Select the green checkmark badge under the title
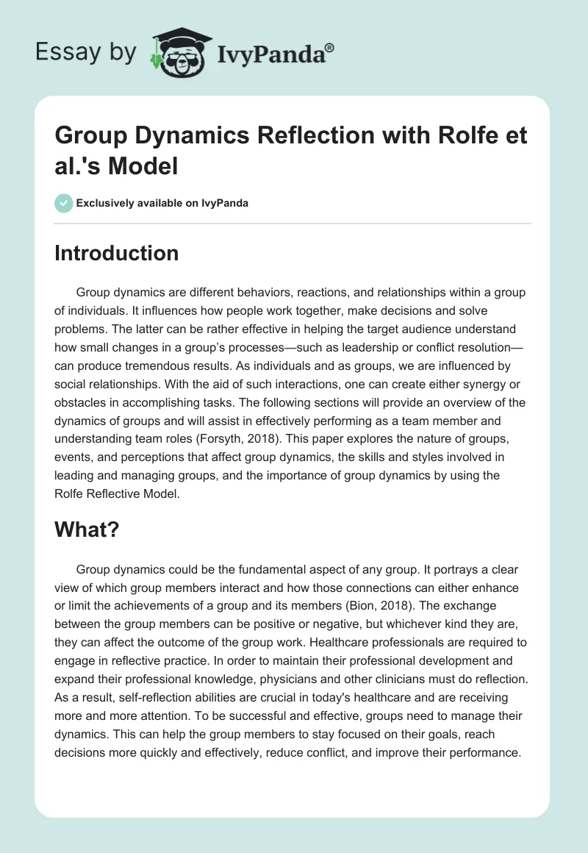pyautogui.click(x=64, y=203)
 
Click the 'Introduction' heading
pyautogui.click(x=117, y=253)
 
